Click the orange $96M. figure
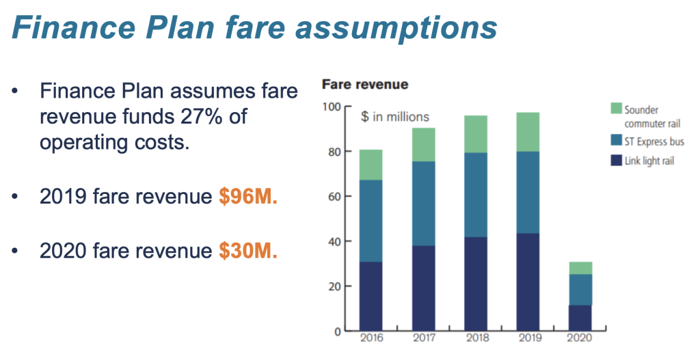[x=247, y=196]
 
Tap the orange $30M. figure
[x=247, y=251]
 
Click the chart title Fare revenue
[x=365, y=84]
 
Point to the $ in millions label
[x=395, y=117]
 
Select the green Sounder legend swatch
[x=616, y=108]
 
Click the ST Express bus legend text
[x=654, y=142]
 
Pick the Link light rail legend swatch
[x=616, y=160]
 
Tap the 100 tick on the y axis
[x=332, y=107]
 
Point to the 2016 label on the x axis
[x=371, y=337]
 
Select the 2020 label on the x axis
[x=580, y=337]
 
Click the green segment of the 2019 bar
[x=528, y=132]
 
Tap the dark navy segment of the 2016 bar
[x=371, y=296]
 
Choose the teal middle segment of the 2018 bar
[x=476, y=195]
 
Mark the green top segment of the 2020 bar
[x=580, y=268]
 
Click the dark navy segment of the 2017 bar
[x=424, y=288]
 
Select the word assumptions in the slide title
[x=396, y=27]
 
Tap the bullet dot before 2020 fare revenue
[x=15, y=251]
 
